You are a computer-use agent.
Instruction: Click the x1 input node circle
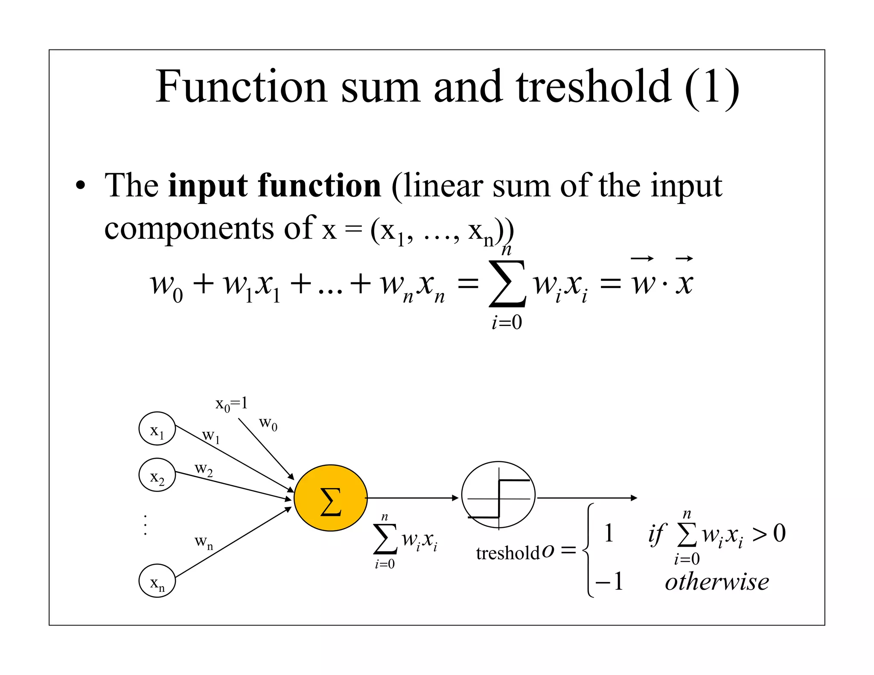(157, 428)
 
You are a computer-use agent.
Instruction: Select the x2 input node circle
(157, 475)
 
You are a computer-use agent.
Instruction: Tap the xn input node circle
(157, 581)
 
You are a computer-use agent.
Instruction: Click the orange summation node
(330, 498)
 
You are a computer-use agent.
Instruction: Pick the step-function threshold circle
(498, 495)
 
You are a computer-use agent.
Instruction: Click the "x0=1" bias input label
(231, 404)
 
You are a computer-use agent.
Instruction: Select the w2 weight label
(204, 469)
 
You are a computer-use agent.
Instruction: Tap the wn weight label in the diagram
(204, 542)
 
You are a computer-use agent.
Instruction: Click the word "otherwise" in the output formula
(717, 582)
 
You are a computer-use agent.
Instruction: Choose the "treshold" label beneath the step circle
(507, 553)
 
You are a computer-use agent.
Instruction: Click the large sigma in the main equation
(507, 284)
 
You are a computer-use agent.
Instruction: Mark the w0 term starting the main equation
(166, 285)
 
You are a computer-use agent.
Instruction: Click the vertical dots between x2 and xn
(146, 525)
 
